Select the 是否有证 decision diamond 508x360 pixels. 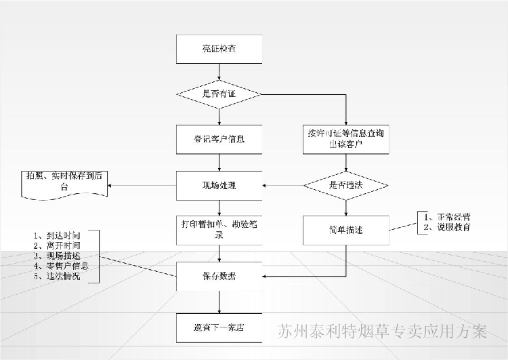[x=218, y=94]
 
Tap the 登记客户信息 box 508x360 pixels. [x=218, y=140]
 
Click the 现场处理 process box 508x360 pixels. [x=218, y=184]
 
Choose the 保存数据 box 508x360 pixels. [x=218, y=276]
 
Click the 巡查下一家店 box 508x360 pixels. [x=218, y=327]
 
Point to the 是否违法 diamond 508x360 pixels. [x=345, y=184]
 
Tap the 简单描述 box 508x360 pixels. [x=345, y=230]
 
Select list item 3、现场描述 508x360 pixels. [x=57, y=256]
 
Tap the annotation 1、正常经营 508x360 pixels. [x=447, y=217]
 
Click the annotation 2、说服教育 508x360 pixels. [x=447, y=227]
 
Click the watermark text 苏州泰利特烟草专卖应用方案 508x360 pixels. [x=383, y=332]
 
